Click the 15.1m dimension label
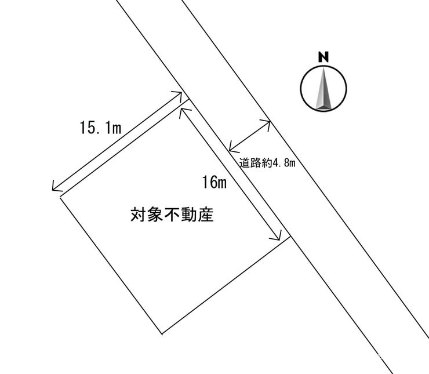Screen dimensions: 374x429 [100, 128]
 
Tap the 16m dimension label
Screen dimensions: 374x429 [214, 183]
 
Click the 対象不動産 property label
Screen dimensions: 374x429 [172, 216]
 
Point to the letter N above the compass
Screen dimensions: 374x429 [323, 57]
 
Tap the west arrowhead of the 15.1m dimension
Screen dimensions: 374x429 [54, 188]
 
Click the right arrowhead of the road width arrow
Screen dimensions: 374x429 [269, 122]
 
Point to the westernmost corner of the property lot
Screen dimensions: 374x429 [60, 197]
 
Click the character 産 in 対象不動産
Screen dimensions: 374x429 [206, 216]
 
